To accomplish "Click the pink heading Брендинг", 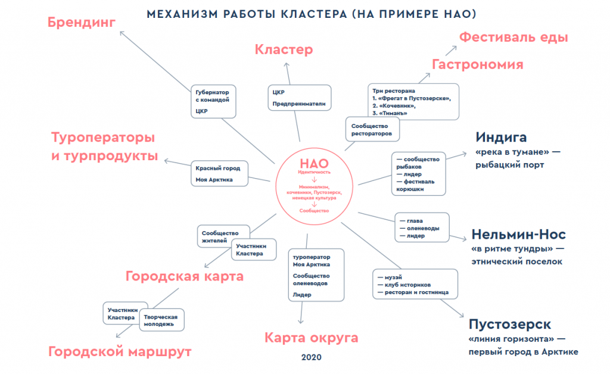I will (x=82, y=23).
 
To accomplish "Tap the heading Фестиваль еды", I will (x=513, y=38).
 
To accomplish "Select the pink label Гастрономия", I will (x=477, y=64).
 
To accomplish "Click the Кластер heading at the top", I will (x=284, y=50).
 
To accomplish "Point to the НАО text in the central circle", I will (x=314, y=163).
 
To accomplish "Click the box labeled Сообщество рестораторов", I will (x=371, y=129).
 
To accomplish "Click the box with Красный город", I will (x=217, y=173).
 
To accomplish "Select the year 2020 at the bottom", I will (x=311, y=358).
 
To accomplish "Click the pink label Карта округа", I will (x=312, y=338).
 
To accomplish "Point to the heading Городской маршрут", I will (x=120, y=352).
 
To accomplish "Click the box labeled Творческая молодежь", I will (x=162, y=320).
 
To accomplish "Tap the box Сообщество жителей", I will (x=219, y=236).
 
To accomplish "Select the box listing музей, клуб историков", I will (x=415, y=285).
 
